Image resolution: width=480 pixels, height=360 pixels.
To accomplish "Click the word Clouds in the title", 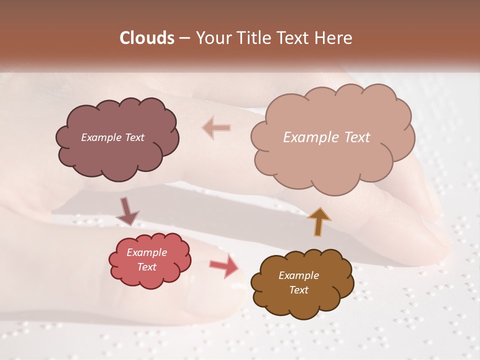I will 147,38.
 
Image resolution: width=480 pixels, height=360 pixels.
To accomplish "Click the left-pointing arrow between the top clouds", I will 216,128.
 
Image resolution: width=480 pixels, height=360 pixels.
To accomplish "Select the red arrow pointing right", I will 224,265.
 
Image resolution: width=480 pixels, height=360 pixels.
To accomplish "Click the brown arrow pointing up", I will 318,221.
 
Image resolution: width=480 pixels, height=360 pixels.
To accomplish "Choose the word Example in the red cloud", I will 146,252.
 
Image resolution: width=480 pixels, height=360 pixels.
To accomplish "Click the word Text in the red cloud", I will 146,267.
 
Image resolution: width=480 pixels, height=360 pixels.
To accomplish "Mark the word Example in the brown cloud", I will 298,275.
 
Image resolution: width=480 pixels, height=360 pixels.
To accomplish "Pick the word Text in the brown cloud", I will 298,290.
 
